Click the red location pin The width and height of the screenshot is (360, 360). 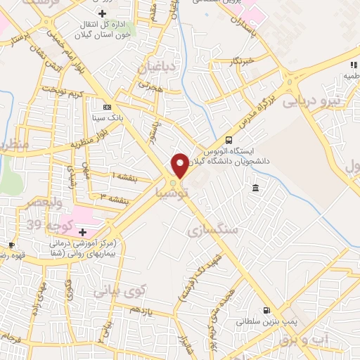coord(180,164)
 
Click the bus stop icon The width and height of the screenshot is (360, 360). coord(229,140)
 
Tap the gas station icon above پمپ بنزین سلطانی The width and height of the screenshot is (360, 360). coord(266,310)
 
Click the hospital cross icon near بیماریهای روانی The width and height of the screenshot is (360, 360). coord(82,231)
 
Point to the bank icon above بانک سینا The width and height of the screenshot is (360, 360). coord(107,107)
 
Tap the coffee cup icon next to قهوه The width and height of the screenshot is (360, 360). coord(11,245)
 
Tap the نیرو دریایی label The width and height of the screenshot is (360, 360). coord(311,101)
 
